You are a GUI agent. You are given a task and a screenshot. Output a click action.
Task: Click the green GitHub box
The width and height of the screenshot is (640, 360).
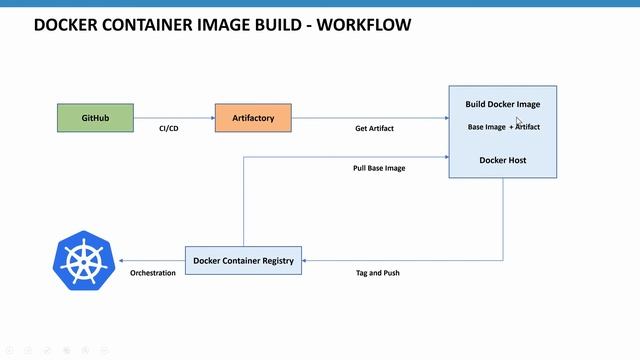tap(95, 118)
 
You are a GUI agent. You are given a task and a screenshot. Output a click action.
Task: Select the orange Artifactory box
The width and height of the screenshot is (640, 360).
tap(253, 118)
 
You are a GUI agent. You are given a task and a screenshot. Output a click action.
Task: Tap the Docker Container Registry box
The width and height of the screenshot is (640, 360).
tap(243, 260)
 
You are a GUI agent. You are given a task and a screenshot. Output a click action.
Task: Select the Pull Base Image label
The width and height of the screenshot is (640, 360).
tap(379, 168)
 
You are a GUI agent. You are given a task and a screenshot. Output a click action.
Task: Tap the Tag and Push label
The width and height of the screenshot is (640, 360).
tap(378, 272)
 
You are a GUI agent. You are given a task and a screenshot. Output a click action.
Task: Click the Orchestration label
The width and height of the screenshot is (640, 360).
tap(152, 272)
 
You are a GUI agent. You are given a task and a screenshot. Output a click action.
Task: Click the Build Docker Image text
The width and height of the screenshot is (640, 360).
tap(503, 104)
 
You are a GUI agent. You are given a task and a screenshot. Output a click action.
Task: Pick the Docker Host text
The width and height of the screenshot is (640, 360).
tap(502, 159)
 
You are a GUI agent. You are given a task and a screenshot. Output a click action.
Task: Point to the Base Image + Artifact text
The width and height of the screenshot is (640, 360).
tap(503, 127)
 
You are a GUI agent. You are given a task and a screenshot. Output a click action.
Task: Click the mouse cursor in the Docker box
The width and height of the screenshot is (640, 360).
tap(519, 122)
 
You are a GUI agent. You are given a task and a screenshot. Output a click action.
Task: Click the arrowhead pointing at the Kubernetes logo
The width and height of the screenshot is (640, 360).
tap(121, 260)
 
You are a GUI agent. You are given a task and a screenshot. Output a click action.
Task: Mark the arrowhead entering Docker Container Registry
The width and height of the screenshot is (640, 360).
tap(306, 260)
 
